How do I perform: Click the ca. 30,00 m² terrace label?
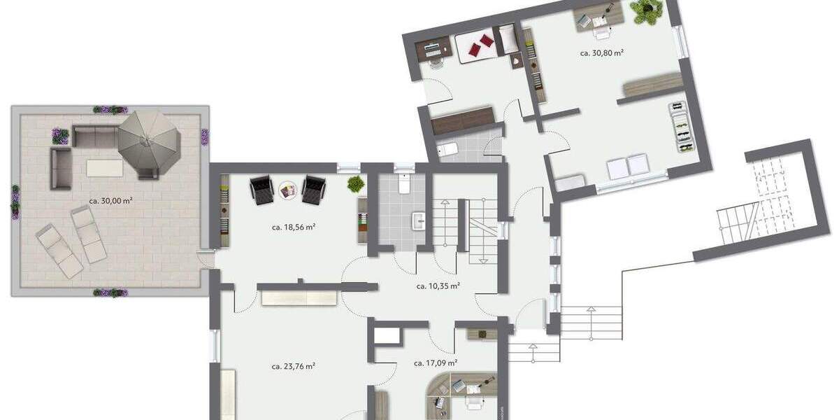click(x=110, y=201)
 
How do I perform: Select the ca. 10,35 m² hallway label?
click(x=438, y=286)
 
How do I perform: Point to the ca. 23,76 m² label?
click(x=293, y=365)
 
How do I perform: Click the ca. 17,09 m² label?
click(x=436, y=363)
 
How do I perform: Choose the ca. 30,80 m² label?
click(x=601, y=52)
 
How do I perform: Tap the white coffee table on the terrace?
click(x=103, y=167)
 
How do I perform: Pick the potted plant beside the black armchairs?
click(x=356, y=184)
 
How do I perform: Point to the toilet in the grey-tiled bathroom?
click(x=403, y=183)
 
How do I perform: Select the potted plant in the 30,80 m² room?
click(x=647, y=10)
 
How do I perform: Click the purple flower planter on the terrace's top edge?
click(x=110, y=110)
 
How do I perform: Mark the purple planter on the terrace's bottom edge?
click(x=110, y=293)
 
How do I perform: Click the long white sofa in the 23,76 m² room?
click(x=299, y=299)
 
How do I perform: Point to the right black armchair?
click(x=313, y=189)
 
